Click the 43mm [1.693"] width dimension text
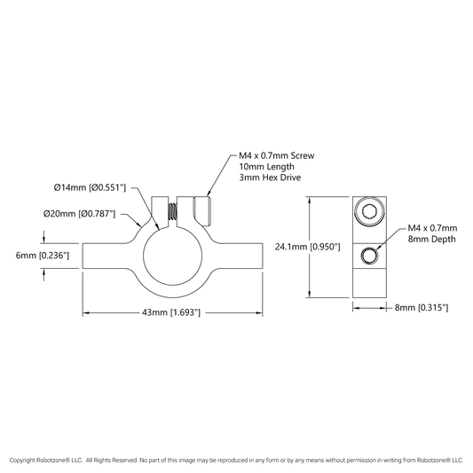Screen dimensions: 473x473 click(x=171, y=312)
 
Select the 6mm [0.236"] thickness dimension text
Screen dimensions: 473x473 click(x=43, y=256)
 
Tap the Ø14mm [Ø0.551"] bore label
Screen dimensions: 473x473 click(x=90, y=187)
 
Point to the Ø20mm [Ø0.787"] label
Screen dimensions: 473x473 click(x=79, y=214)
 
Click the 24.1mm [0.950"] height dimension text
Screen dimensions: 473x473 click(x=307, y=247)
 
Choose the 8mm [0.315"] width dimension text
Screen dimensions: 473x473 click(x=422, y=308)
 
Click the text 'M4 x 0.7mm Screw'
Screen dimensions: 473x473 click(x=277, y=155)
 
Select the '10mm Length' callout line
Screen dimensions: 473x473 click(x=266, y=167)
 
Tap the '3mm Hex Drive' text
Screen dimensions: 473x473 click(x=270, y=177)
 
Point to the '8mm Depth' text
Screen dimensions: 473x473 click(x=431, y=240)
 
